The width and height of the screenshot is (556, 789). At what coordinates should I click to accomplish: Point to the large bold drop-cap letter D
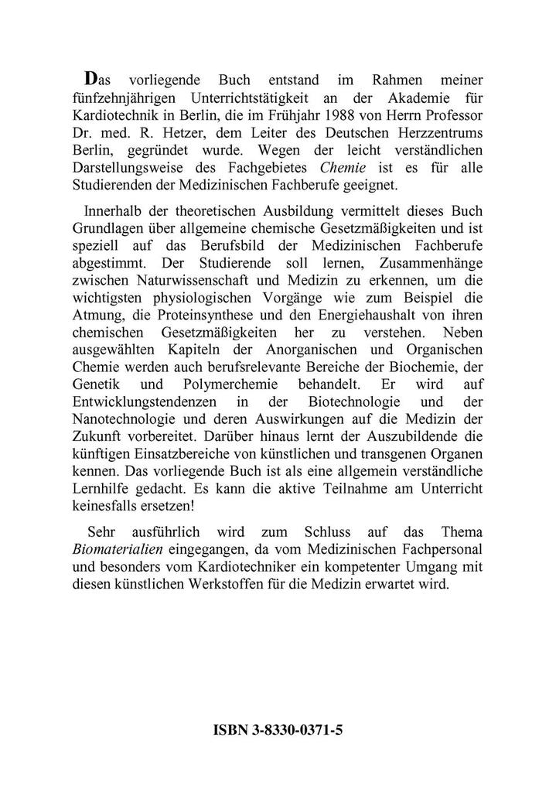pyautogui.click(x=92, y=79)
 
